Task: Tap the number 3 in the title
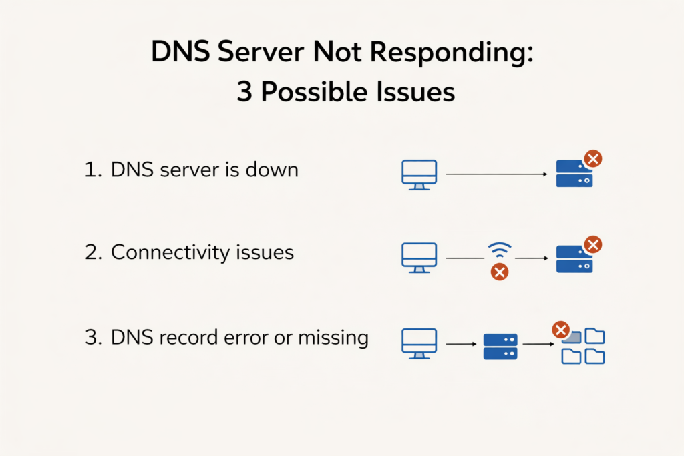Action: [244, 92]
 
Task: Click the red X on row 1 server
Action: [592, 159]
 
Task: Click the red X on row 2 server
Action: [592, 244]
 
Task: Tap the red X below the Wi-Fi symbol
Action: [499, 272]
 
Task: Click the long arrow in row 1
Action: [496, 174]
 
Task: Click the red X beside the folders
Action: [560, 330]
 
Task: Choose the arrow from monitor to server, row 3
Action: [460, 344]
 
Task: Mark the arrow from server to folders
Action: [539, 344]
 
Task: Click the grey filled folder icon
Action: [572, 338]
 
